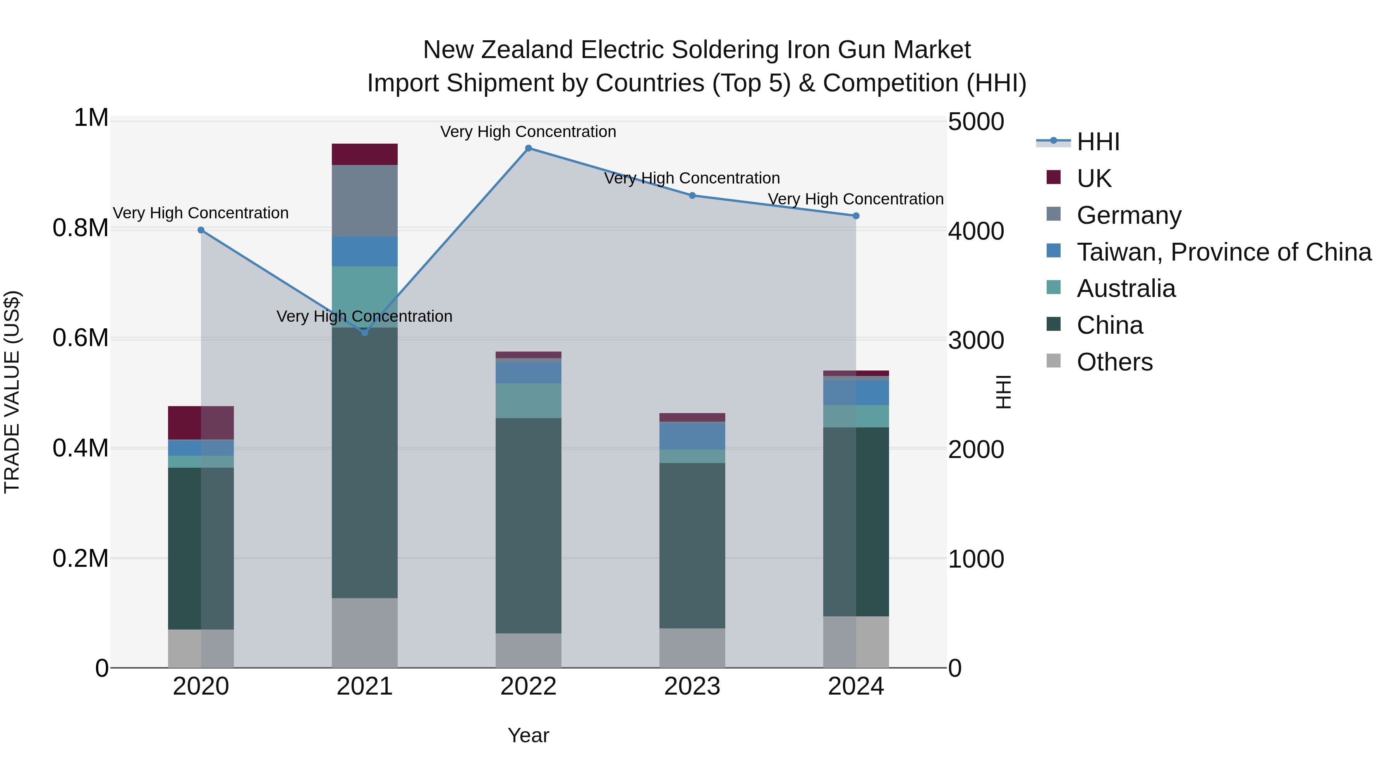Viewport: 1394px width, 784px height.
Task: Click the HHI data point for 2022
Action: click(x=529, y=148)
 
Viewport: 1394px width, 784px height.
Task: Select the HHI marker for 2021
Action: click(x=365, y=333)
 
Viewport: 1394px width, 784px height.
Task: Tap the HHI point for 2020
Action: click(x=201, y=230)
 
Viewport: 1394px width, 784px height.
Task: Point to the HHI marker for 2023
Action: click(x=692, y=196)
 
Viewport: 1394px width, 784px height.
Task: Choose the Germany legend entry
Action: click(x=1129, y=215)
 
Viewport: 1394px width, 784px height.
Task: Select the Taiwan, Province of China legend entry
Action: click(x=1224, y=252)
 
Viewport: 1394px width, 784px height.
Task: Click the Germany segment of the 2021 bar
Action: click(x=365, y=201)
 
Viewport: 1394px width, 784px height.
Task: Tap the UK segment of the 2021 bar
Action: click(x=365, y=154)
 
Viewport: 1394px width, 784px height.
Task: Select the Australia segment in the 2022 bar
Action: click(x=529, y=400)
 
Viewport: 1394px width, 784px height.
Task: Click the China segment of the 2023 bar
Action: click(x=692, y=546)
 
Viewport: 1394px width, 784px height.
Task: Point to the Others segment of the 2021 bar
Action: click(x=365, y=633)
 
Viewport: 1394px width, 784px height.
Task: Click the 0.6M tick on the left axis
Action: click(x=80, y=338)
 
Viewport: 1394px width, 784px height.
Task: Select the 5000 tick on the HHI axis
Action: click(x=976, y=122)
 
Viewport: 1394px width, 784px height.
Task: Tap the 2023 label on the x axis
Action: click(x=692, y=686)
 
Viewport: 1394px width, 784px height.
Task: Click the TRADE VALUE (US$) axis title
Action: click(x=12, y=392)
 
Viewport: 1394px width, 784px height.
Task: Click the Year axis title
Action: click(x=528, y=735)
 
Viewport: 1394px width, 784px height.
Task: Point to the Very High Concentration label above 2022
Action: click(x=528, y=132)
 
